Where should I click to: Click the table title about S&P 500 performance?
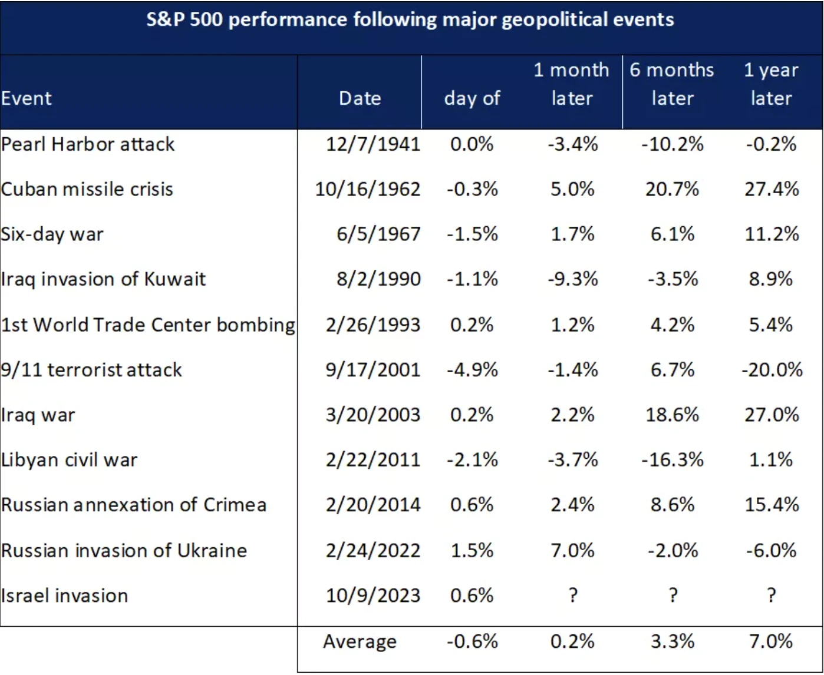coord(410,20)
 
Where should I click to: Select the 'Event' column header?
coord(27,98)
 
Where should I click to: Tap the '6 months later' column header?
coord(672,84)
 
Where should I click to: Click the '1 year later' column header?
coord(771,84)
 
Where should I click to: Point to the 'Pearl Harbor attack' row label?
coord(88,144)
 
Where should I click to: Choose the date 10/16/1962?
coord(368,189)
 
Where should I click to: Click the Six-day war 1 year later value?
coord(772,234)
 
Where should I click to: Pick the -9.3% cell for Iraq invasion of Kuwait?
coord(572,279)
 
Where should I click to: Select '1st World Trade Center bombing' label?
coord(148,325)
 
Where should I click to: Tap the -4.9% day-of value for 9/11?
coord(472,370)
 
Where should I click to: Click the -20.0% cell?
coord(772,370)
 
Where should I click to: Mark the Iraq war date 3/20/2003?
coord(373,415)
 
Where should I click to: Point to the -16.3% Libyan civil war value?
coord(672,460)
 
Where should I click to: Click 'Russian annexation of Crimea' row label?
coord(134,505)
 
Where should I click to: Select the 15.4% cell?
coord(772,505)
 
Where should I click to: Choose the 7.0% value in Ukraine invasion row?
coord(572,550)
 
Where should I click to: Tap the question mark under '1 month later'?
coord(572,595)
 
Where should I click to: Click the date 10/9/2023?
coord(373,595)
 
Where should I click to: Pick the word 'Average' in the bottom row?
coord(360,641)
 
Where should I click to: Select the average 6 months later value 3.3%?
coord(672,641)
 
